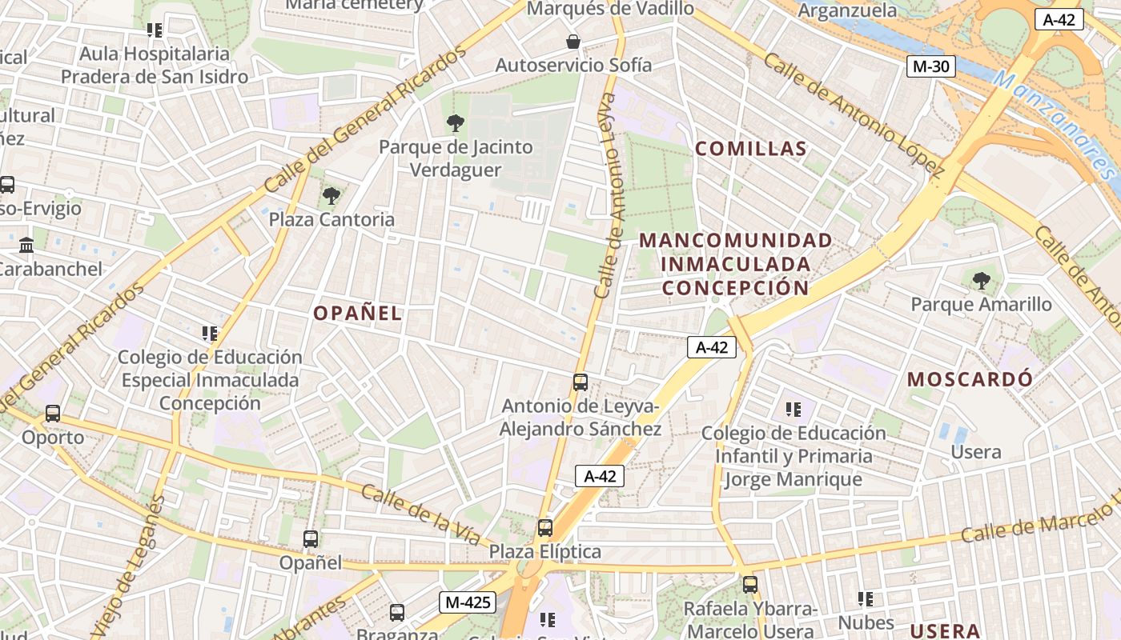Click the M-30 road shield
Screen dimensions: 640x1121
point(931,66)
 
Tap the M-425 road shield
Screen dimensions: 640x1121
point(467,602)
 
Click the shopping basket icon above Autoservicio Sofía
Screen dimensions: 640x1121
point(573,42)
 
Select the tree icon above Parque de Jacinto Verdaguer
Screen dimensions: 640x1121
point(456,123)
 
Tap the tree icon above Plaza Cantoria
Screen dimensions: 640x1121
point(330,195)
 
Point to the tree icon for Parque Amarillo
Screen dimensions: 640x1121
point(981,281)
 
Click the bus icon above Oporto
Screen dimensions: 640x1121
point(53,414)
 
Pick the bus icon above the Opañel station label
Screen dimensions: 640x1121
point(311,539)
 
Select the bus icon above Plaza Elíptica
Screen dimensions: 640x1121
point(545,528)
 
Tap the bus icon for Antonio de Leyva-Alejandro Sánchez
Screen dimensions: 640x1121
point(581,382)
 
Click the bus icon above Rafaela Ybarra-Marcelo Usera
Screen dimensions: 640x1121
point(750,585)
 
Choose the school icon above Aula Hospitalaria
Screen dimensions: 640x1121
point(155,30)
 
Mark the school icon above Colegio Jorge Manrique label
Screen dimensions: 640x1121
point(794,410)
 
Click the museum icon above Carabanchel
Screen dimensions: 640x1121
point(26,245)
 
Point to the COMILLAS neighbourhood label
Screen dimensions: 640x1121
point(751,149)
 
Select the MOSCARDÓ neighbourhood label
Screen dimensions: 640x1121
point(970,379)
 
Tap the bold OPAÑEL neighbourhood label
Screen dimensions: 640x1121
point(357,314)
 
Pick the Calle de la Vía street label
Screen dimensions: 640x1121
point(420,514)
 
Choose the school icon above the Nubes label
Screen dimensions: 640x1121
point(865,598)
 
